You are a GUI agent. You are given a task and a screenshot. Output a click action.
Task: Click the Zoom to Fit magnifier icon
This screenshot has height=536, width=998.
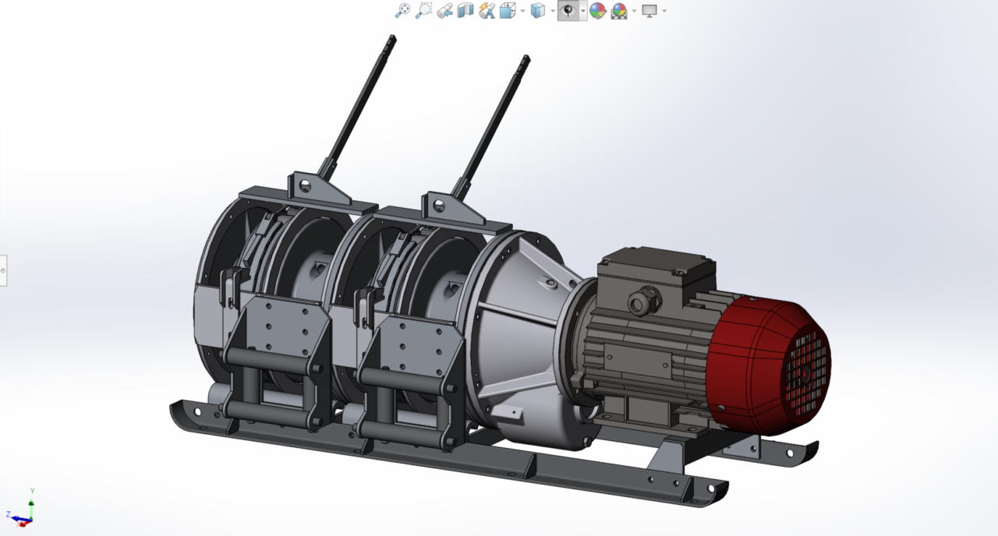tap(403, 10)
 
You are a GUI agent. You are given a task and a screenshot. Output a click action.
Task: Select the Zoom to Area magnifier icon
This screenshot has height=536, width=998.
tap(423, 10)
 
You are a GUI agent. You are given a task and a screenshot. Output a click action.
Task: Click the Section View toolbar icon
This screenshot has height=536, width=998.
tap(465, 10)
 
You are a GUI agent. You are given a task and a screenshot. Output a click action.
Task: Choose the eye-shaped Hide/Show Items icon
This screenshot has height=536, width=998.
tap(568, 10)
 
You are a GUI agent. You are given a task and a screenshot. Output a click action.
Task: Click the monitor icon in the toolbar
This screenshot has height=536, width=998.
tap(649, 11)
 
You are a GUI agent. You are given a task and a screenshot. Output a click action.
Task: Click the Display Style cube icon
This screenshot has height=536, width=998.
tap(538, 10)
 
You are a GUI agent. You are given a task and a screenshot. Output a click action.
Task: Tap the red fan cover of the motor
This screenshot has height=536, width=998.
tap(770, 366)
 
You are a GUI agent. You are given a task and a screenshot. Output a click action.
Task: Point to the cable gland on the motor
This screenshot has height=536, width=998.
tap(642, 301)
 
